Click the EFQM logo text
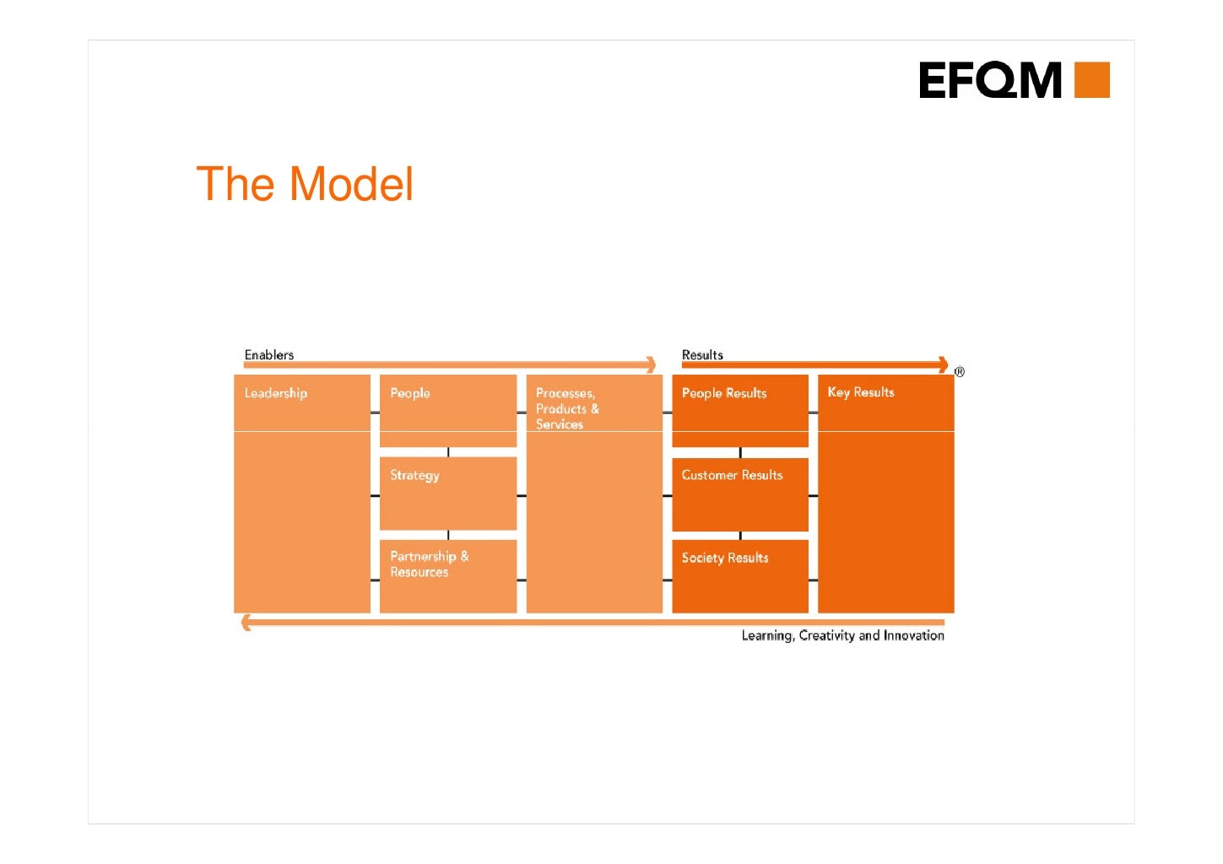click(990, 80)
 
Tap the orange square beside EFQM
click(1091, 80)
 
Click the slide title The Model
click(305, 184)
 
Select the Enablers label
click(269, 355)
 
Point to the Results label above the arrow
click(702, 355)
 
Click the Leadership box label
click(276, 393)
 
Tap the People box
click(447, 410)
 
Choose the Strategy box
click(447, 493)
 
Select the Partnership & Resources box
click(447, 575)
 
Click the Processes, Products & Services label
click(567, 408)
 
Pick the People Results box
click(739, 410)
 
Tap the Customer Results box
click(739, 494)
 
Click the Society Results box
click(739, 575)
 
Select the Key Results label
click(860, 392)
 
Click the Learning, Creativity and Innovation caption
click(842, 635)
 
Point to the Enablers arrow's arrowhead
click(651, 364)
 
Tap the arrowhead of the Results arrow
click(943, 364)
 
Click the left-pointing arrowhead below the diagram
click(246, 623)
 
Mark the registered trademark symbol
click(960, 372)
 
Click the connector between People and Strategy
click(448, 452)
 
